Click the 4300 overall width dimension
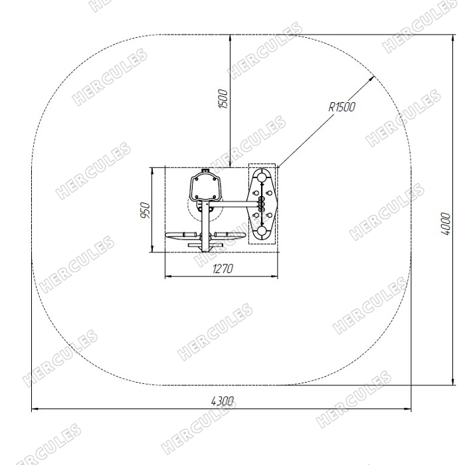[x=222, y=401]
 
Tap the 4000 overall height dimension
[x=446, y=224]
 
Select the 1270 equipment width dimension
[x=223, y=269]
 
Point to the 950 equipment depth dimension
[x=145, y=211]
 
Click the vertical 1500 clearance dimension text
[x=224, y=99]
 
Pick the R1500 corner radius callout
[x=341, y=107]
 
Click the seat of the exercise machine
[x=205, y=187]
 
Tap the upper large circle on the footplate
[x=262, y=177]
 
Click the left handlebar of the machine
[x=183, y=235]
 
